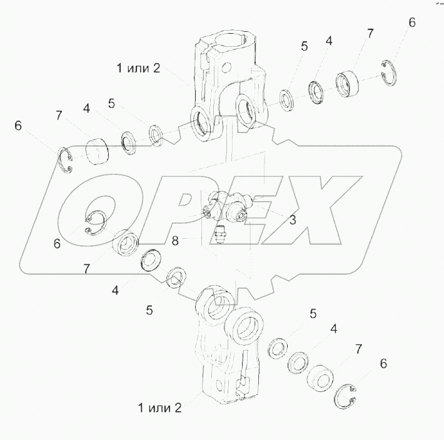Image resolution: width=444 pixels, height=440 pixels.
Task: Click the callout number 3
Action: tap(293, 219)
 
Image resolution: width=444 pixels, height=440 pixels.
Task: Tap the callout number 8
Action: tap(175, 241)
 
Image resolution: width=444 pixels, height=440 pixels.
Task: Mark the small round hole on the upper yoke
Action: tap(226, 67)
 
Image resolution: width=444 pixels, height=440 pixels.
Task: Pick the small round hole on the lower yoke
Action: tap(219, 386)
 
